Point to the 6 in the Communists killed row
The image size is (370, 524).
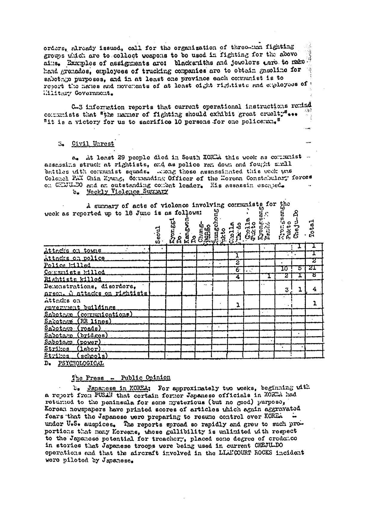pyautogui.click(x=236, y=269)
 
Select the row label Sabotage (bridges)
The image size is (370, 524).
pyautogui.click(x=76, y=335)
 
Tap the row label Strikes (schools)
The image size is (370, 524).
pyautogui.click(x=76, y=356)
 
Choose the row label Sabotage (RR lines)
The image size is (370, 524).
pyautogui.click(x=78, y=322)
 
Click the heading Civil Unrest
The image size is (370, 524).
pyautogui.click(x=93, y=144)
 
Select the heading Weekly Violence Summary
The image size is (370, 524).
pyautogui.click(x=127, y=192)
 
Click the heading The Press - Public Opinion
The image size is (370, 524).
pyautogui.click(x=121, y=378)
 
